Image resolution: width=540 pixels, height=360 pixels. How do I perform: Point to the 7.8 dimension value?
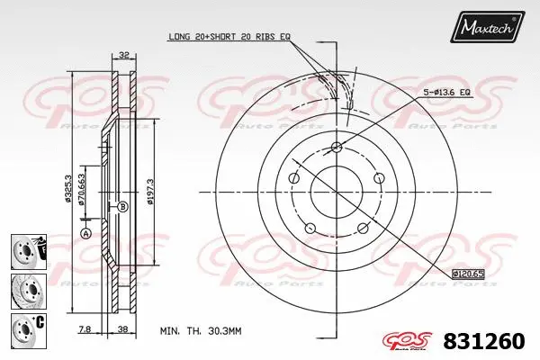point(84,329)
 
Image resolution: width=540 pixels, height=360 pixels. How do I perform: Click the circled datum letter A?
point(86,234)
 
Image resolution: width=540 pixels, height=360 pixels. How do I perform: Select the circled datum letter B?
point(122,206)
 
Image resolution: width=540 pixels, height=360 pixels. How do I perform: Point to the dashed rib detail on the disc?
point(343,90)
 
